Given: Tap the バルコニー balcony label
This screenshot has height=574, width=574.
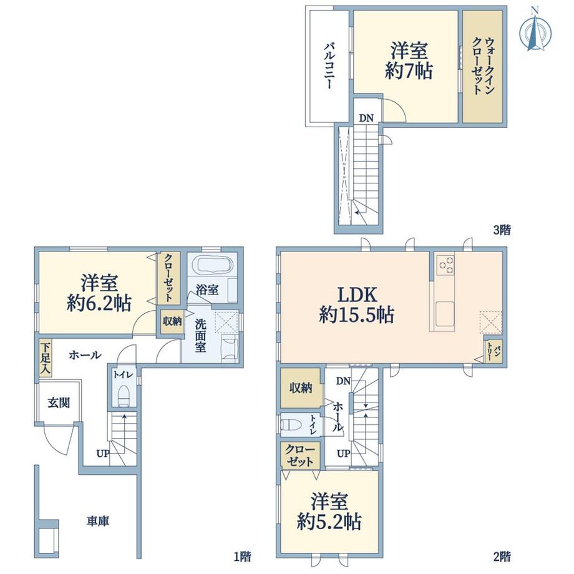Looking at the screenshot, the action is pos(329,66).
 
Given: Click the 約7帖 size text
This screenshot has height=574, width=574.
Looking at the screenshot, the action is pos(409,71).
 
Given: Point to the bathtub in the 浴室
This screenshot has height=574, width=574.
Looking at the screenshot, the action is pos(213,265).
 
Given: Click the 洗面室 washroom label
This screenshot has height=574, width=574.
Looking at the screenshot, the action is pos(201,335).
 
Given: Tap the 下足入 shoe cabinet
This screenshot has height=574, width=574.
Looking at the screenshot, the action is pos(46,358).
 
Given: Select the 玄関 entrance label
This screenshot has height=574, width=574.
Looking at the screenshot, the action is pos(59,403).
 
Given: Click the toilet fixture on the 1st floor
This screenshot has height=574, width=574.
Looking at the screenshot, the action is pos(124,396).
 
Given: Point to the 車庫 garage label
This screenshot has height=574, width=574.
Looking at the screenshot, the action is pos(98,522).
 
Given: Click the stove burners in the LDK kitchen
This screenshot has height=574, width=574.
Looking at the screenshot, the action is pos(445,265).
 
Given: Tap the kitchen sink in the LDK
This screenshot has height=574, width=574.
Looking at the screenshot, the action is pos(445,312).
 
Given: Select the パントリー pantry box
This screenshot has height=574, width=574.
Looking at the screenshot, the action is pos(493,351).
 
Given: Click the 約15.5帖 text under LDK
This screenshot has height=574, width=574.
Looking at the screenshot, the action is pos(356,315).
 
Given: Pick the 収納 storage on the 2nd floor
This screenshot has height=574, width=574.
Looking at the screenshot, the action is pos(301,388).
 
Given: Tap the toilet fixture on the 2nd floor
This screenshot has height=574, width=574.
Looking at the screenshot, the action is pos(291,425).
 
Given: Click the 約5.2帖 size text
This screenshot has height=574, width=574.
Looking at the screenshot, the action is pos(329,521).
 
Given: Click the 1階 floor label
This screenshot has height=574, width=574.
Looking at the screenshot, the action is pos(242,557).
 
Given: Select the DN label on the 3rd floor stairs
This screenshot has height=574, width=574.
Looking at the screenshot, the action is pos(366,119).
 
